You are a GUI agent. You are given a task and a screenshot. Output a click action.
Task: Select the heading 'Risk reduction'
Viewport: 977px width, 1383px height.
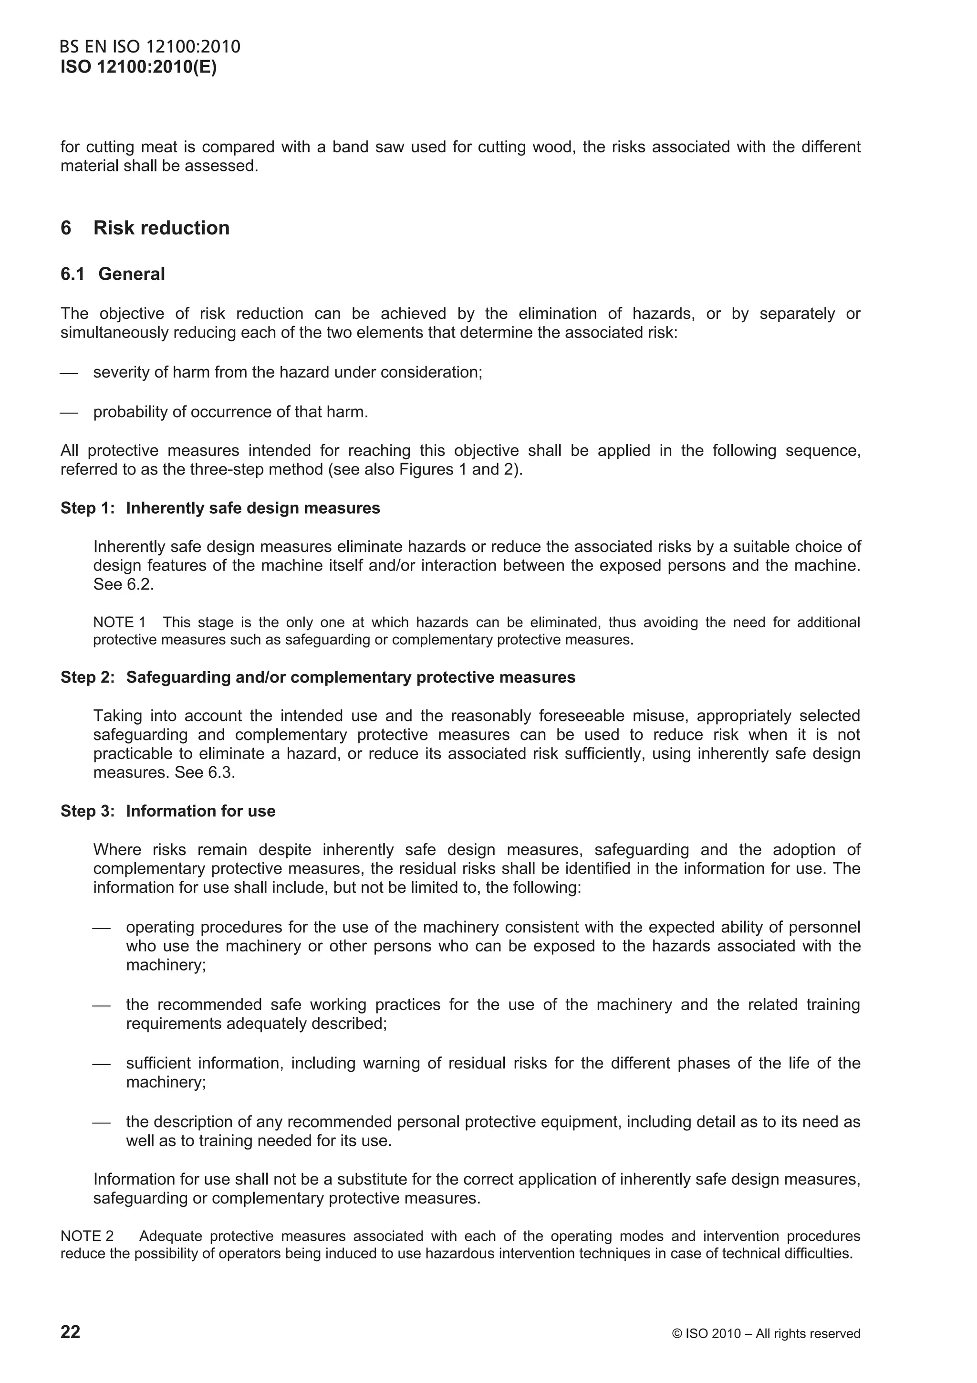point(161,228)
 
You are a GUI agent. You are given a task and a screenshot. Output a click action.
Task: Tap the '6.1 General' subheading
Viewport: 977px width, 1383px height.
point(113,274)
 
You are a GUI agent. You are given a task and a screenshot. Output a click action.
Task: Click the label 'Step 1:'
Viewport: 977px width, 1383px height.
point(87,508)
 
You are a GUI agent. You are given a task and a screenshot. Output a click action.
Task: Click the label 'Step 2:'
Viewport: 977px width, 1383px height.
point(87,677)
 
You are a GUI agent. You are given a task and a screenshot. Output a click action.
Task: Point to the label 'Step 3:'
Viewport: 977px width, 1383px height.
point(87,812)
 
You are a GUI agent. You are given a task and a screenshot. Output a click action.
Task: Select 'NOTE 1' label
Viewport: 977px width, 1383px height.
point(119,622)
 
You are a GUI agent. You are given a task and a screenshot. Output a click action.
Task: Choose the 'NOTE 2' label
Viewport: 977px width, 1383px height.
point(87,1236)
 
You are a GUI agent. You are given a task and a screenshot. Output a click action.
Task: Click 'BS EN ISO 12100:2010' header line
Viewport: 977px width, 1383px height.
point(150,47)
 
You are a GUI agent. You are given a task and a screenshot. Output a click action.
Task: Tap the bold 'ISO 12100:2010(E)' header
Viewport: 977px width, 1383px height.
point(138,67)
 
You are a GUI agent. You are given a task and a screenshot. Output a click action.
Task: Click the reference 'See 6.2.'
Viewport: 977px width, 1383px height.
point(124,585)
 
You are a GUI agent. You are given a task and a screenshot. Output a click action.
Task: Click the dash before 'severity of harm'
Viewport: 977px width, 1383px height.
point(69,373)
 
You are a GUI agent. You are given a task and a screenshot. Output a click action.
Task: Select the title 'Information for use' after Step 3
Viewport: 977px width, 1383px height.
point(200,812)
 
